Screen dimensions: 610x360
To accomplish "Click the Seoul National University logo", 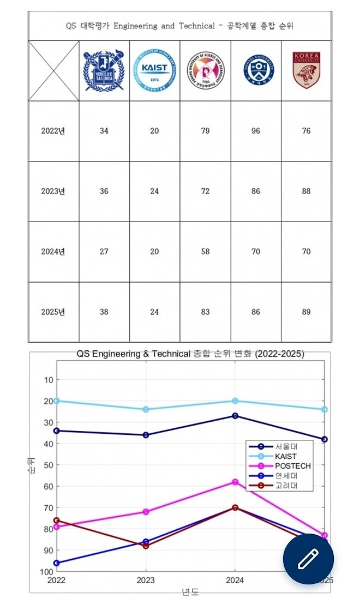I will click(x=104, y=71).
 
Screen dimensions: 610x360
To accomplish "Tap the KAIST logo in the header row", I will click(x=154, y=71).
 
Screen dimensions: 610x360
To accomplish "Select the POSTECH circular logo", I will click(x=205, y=71).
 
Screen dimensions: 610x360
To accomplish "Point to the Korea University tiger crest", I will click(x=306, y=71).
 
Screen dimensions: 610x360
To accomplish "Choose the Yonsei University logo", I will click(x=256, y=71).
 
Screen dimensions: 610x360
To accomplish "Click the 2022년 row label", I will click(x=53, y=131).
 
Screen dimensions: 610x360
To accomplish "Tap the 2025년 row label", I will click(x=53, y=312).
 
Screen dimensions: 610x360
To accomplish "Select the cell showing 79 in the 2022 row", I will click(x=205, y=131).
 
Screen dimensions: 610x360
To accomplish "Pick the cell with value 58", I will click(x=205, y=252).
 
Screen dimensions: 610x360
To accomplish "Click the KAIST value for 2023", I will click(x=154, y=192).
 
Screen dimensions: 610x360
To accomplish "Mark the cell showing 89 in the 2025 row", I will click(x=306, y=312).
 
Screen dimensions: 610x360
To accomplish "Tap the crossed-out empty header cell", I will click(x=53, y=71).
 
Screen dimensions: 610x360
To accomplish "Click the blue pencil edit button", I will click(x=308, y=559).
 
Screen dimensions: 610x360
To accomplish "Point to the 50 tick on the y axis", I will click(x=48, y=465).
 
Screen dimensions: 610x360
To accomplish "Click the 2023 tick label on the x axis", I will click(x=146, y=581).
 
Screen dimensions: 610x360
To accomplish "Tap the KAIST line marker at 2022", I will click(x=56, y=401).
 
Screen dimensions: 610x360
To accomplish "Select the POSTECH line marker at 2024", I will click(x=235, y=482).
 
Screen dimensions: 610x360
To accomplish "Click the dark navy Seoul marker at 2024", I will click(x=235, y=416).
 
